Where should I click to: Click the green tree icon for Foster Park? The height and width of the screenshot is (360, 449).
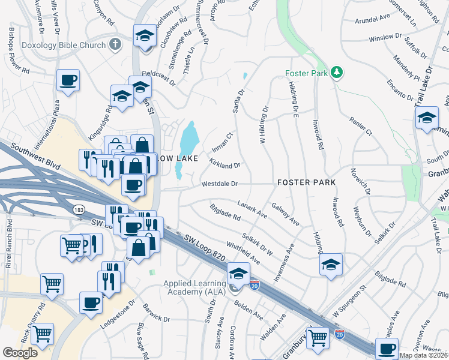(x=337, y=73)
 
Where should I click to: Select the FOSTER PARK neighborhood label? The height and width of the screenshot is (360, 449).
(x=306, y=182)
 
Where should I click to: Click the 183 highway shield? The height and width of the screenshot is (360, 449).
(x=79, y=209)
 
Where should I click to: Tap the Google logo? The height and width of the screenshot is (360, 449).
(x=20, y=353)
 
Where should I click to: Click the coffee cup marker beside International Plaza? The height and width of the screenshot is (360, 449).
(x=68, y=80)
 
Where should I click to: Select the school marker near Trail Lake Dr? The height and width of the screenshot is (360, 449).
(x=427, y=118)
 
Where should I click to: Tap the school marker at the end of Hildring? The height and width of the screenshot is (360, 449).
(x=331, y=265)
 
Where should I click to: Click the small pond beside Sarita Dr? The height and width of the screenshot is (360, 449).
(x=244, y=77)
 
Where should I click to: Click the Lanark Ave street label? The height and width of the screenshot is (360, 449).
(x=252, y=208)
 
